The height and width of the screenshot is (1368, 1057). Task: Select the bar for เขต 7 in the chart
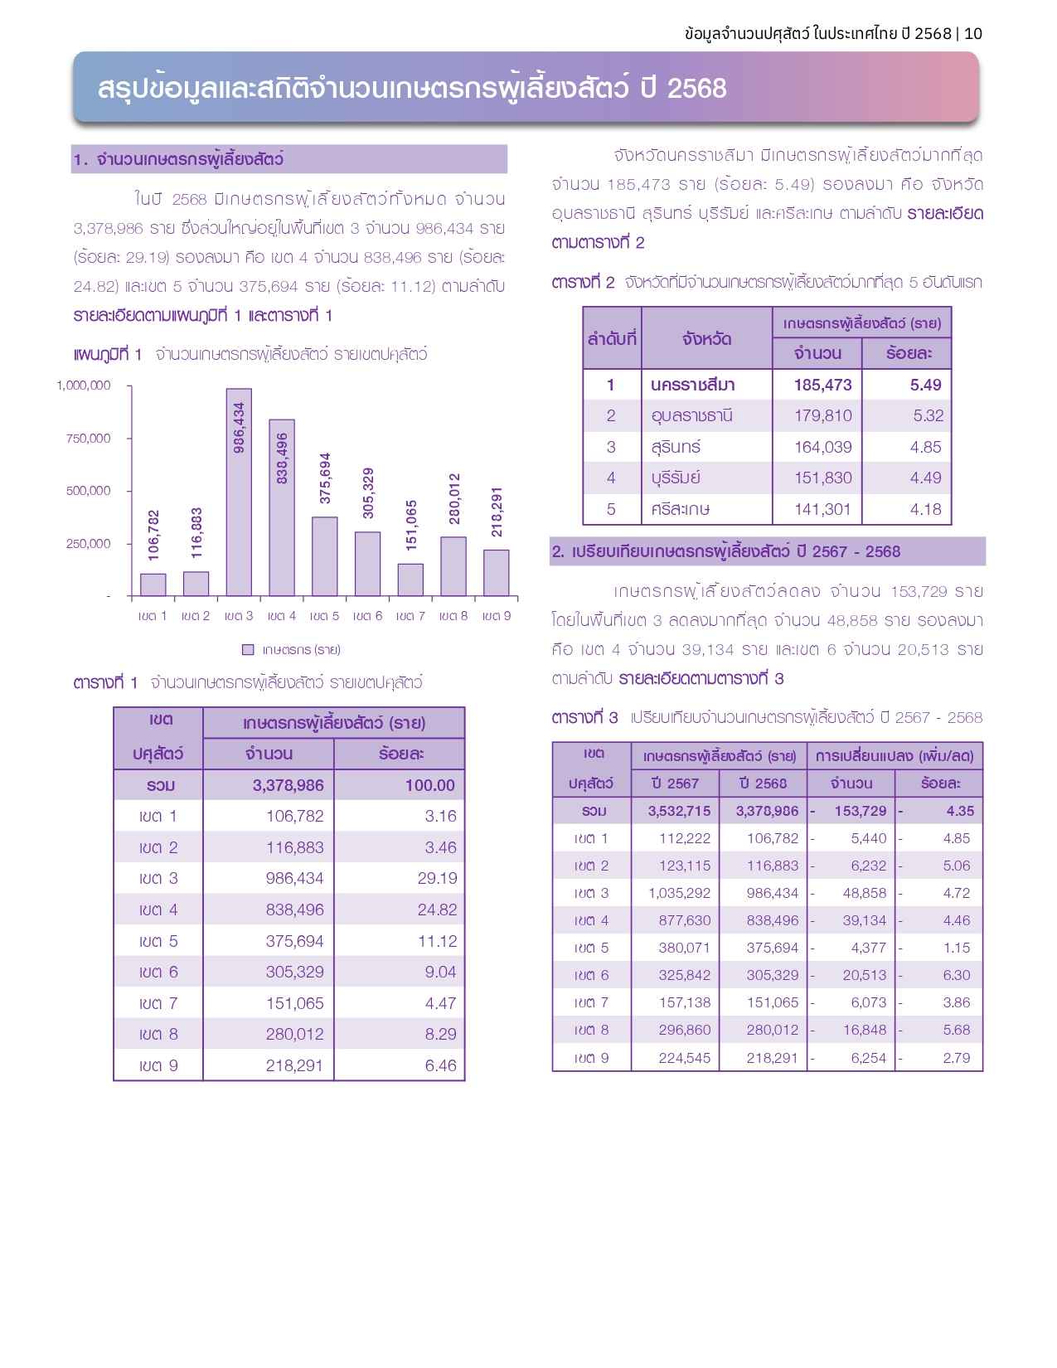(x=410, y=580)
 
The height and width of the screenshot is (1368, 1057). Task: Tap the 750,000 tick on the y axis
(x=88, y=439)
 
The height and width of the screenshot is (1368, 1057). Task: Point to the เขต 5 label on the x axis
(x=324, y=616)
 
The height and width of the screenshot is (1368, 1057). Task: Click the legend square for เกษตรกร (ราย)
(x=249, y=649)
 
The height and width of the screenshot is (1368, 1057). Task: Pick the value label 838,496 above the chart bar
(x=282, y=458)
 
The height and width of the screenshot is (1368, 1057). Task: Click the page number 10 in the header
(x=973, y=33)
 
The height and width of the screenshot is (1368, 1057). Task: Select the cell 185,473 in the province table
(x=822, y=385)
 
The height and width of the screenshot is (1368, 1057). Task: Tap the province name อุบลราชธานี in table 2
(x=691, y=415)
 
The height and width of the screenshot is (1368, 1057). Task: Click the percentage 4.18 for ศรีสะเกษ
(x=925, y=509)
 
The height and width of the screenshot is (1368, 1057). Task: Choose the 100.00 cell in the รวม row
(x=429, y=785)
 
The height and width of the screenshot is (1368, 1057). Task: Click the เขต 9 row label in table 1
(x=158, y=1065)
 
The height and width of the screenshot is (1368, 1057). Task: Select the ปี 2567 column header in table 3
(x=676, y=783)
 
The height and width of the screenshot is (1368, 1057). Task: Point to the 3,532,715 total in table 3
(x=679, y=811)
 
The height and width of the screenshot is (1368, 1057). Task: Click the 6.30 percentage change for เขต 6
(x=956, y=975)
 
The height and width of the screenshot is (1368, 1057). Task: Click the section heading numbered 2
(x=726, y=551)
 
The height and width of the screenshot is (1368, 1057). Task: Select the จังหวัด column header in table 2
(x=706, y=338)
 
